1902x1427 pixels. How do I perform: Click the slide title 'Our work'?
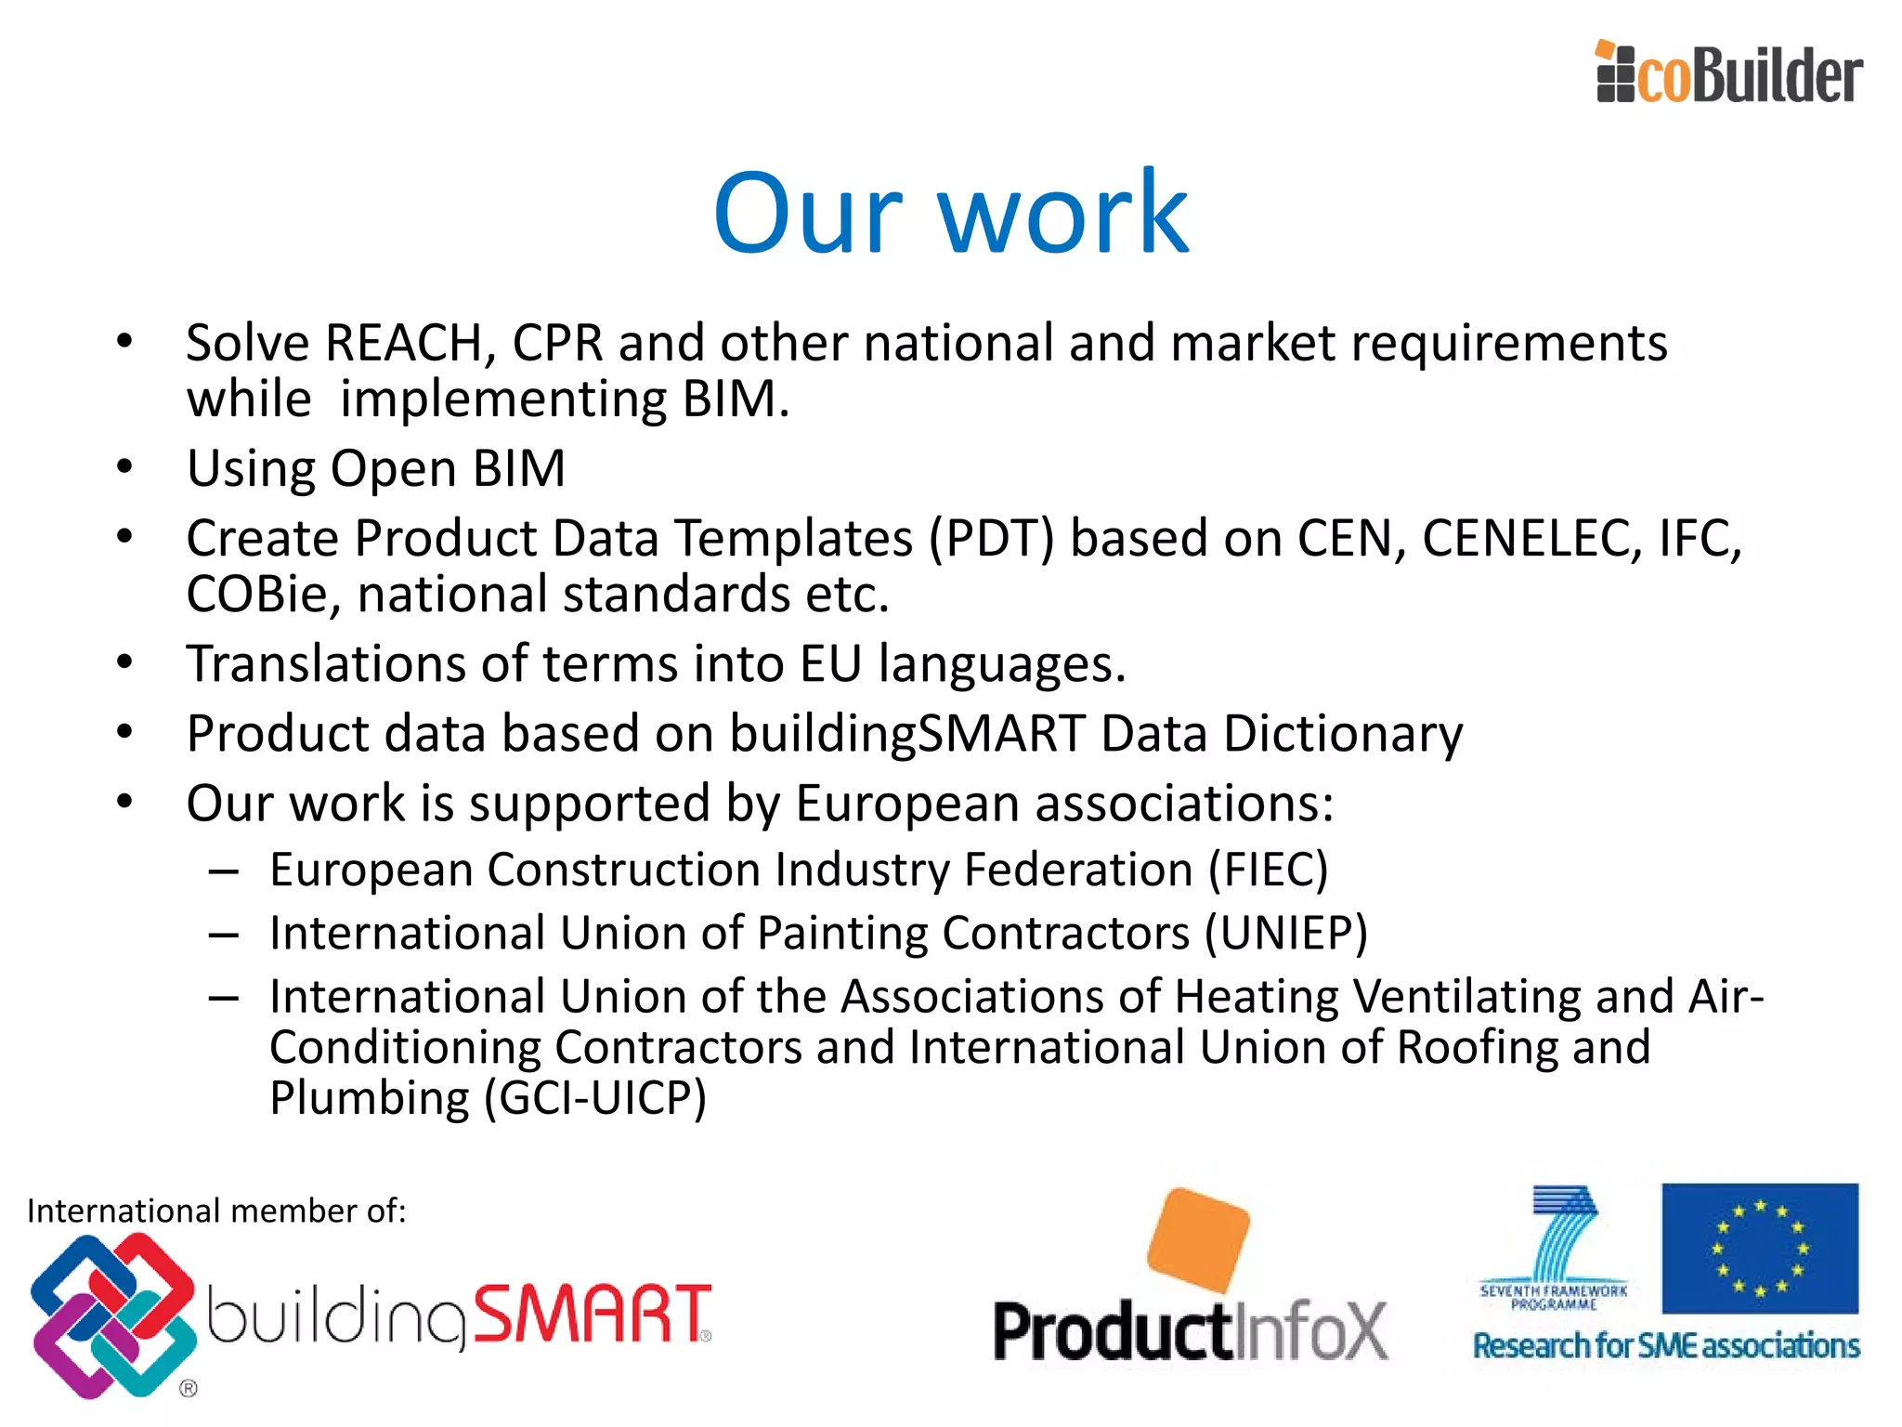950,213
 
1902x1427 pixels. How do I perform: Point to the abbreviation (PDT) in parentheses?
992,539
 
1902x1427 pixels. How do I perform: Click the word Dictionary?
1343,734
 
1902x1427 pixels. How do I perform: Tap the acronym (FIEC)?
1268,871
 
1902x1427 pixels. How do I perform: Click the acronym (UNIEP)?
1286,934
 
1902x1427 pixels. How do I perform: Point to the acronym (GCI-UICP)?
594,1098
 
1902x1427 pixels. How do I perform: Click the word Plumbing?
370,1098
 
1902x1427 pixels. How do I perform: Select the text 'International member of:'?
216,1211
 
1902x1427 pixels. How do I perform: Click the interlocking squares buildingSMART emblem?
112,1316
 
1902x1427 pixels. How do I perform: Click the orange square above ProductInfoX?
1198,1239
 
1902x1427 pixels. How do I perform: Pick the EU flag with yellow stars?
1760,1248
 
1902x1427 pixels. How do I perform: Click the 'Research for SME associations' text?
1666,1346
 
